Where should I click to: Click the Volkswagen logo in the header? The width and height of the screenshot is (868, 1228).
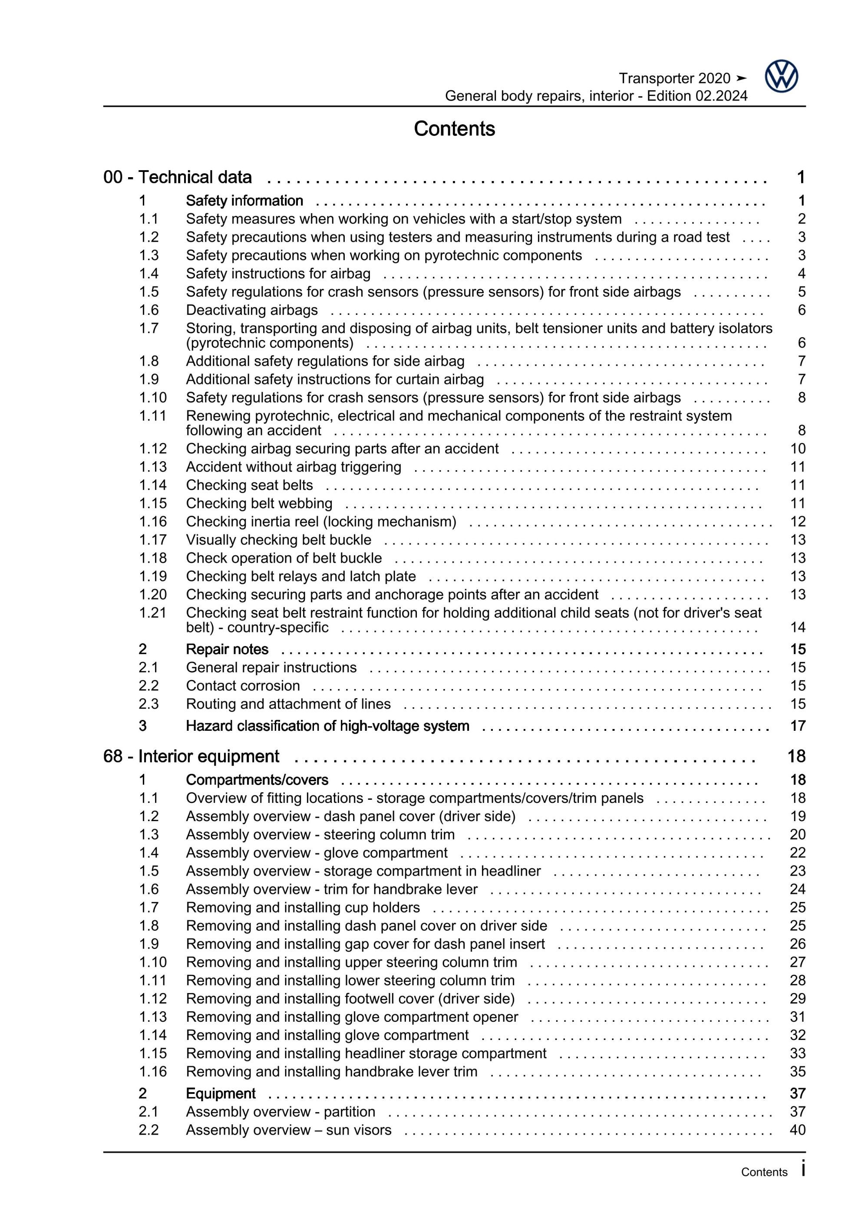781,76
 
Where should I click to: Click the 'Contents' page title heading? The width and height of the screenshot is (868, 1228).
454,129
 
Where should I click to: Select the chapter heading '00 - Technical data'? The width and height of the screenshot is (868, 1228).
178,177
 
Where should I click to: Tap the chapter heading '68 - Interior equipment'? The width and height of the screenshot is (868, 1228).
191,756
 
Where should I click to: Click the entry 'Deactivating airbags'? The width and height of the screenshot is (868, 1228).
251,310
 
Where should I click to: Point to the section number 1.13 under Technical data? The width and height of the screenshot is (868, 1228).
152,467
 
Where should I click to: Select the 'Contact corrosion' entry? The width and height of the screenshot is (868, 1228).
243,686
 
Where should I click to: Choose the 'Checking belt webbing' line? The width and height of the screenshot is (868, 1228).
259,503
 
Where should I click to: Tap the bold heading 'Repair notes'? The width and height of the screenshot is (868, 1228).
227,649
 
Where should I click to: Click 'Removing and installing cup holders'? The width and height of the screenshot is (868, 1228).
303,907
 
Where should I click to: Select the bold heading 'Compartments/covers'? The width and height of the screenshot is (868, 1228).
257,780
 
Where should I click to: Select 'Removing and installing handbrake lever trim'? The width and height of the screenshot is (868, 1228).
332,1071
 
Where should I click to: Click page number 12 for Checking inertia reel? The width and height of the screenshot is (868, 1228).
797,522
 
